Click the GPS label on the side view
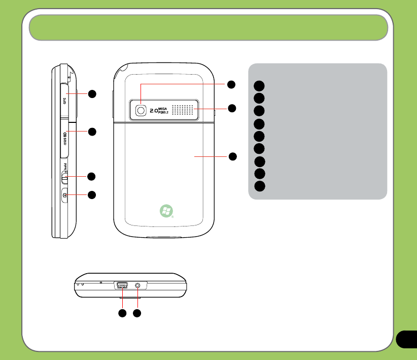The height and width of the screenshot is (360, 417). pyautogui.click(x=65, y=101)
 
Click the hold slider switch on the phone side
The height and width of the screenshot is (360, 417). pyautogui.click(x=64, y=177)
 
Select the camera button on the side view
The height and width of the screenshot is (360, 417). pyautogui.click(x=64, y=195)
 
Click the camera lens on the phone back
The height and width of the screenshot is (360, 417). pyautogui.click(x=141, y=110)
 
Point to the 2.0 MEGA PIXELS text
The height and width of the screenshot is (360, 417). pyautogui.click(x=157, y=110)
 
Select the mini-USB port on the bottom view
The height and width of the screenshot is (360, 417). pyautogui.click(x=122, y=286)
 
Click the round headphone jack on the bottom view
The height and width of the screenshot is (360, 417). pyautogui.click(x=137, y=286)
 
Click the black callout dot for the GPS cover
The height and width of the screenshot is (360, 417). pyautogui.click(x=92, y=93)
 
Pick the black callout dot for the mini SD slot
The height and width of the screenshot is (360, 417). pyautogui.click(x=92, y=132)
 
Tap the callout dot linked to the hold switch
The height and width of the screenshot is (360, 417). pyautogui.click(x=92, y=176)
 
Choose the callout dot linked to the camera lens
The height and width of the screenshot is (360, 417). pyautogui.click(x=231, y=84)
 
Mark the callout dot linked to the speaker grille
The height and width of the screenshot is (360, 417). pyautogui.click(x=231, y=108)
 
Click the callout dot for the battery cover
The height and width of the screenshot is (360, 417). pyautogui.click(x=231, y=156)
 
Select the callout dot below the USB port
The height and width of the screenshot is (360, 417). pyautogui.click(x=122, y=314)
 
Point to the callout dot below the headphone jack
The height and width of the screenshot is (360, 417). pyautogui.click(x=137, y=314)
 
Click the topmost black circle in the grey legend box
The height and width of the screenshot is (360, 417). pyautogui.click(x=259, y=85)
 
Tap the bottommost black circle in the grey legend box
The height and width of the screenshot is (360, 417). pyautogui.click(x=259, y=186)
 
